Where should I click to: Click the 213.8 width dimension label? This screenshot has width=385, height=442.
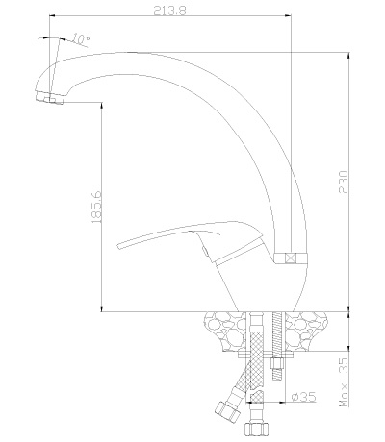click(x=169, y=11)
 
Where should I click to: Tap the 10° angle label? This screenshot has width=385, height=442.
click(x=80, y=38)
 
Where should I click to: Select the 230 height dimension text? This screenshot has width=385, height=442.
click(x=344, y=182)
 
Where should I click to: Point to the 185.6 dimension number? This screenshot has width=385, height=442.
click(x=96, y=207)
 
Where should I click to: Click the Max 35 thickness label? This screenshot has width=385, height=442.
click(x=344, y=382)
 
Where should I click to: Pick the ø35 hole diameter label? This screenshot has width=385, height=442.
click(x=303, y=397)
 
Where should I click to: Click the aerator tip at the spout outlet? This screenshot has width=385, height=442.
click(x=50, y=97)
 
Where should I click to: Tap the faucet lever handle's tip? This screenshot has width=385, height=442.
click(x=118, y=246)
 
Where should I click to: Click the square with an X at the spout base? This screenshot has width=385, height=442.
click(x=291, y=258)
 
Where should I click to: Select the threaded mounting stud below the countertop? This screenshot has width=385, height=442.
click(x=277, y=345)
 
